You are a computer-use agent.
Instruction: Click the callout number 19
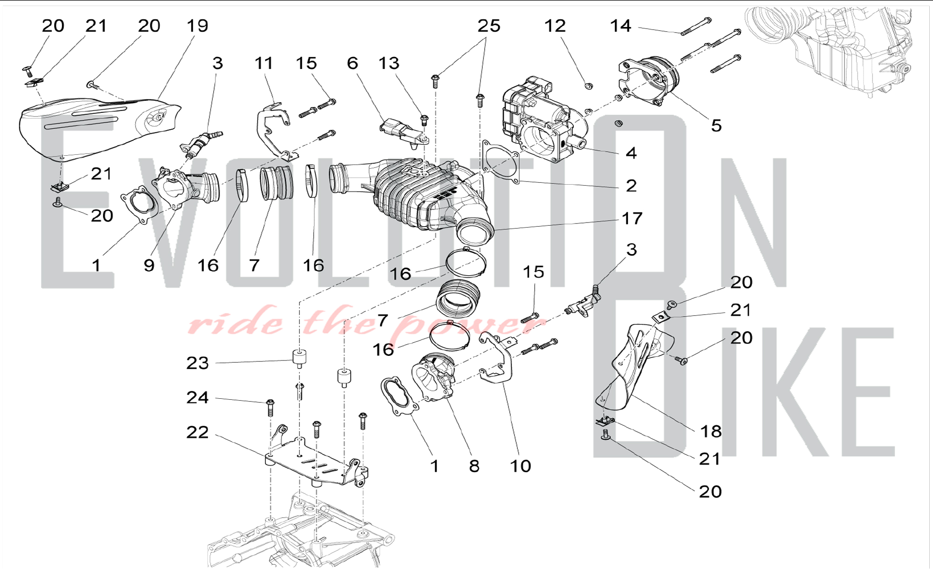[197, 26]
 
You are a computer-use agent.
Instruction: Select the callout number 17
[632, 218]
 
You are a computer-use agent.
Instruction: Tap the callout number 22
[197, 432]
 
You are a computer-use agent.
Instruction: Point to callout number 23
[197, 363]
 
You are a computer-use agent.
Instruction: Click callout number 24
[197, 397]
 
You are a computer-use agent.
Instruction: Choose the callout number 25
[489, 26]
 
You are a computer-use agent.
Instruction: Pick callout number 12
[555, 26]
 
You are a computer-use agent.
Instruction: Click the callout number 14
[620, 26]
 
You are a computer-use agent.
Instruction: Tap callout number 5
[716, 125]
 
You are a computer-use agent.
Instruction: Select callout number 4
[631, 153]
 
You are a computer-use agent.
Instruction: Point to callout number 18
[711, 431]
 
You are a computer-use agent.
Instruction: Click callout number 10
[521, 466]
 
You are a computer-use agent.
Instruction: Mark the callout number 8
[474, 466]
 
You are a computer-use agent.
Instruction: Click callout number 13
[389, 63]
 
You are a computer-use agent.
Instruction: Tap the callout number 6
[352, 63]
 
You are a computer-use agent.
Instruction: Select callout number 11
[264, 63]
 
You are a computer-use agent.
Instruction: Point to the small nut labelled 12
[589, 86]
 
